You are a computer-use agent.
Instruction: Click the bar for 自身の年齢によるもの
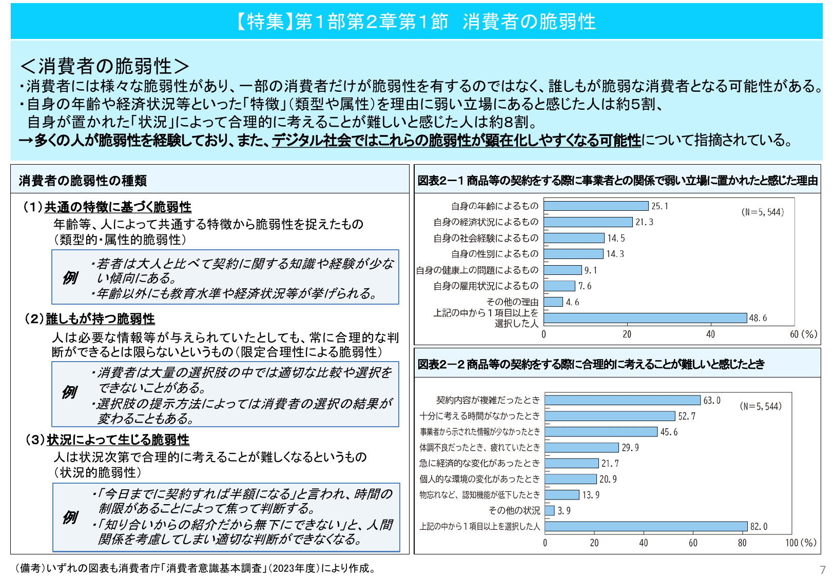pyautogui.click(x=596, y=206)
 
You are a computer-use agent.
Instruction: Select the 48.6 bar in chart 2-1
pyautogui.click(x=645, y=318)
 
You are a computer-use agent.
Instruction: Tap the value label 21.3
pyautogui.click(x=644, y=222)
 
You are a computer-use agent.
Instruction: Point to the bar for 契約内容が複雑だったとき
pyautogui.click(x=623, y=400)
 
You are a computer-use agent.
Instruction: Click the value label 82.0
pyautogui.click(x=759, y=527)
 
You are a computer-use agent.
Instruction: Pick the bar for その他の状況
pyautogui.click(x=550, y=511)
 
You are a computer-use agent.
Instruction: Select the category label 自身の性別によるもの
pyautogui.click(x=495, y=254)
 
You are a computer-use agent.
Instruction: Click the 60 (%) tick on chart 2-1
pyautogui.click(x=803, y=334)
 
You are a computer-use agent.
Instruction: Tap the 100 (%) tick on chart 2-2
pyautogui.click(x=801, y=543)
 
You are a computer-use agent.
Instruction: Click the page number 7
pyautogui.click(x=823, y=570)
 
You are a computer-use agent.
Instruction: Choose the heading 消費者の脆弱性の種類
pyautogui.click(x=83, y=181)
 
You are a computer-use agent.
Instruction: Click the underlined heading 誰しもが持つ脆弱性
pyautogui.click(x=101, y=319)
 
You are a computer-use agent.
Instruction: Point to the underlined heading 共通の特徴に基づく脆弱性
pyautogui.click(x=118, y=207)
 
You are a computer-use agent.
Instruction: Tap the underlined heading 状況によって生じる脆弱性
pyautogui.click(x=118, y=440)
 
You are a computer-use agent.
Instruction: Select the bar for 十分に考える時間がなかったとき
pyautogui.click(x=610, y=416)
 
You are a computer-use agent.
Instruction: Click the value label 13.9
pyautogui.click(x=591, y=495)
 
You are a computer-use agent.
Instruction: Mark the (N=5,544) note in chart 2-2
pyautogui.click(x=761, y=406)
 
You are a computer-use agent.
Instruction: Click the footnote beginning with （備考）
pyautogui.click(x=195, y=568)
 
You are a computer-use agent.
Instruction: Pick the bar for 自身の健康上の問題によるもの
pyautogui.click(x=563, y=270)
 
